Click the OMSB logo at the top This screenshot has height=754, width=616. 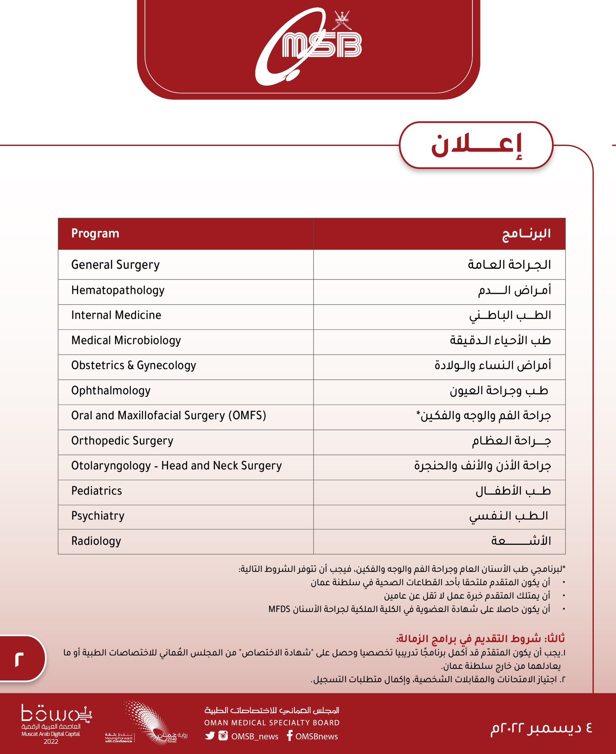pos(308,46)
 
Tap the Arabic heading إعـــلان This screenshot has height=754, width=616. pos(476,146)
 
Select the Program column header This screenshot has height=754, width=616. pos(95,233)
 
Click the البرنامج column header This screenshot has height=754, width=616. pos(526,233)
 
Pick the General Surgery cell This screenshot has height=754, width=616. pos(116,265)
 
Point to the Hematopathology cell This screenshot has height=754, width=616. pos(118,290)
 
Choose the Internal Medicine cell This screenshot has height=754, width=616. pos(116,315)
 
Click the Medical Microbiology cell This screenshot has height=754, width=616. pos(126,340)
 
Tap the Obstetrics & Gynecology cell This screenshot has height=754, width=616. pos(134,365)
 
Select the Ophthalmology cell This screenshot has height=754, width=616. pos(111,390)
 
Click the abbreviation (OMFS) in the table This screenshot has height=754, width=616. pos(247,416)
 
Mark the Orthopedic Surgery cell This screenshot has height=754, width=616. pos(122,441)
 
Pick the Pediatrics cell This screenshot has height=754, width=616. pos(96,491)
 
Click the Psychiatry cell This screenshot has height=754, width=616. pos(98,516)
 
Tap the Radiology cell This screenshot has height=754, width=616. pos(96,541)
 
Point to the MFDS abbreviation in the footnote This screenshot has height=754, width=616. pos(279,609)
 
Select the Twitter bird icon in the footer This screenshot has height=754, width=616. pos(210,736)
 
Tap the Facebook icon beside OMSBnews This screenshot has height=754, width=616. pos(290,736)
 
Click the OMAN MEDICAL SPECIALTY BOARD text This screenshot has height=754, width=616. pos(272,723)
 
